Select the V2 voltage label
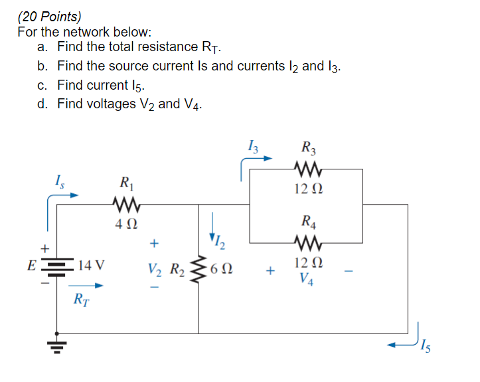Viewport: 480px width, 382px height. pyautogui.click(x=155, y=271)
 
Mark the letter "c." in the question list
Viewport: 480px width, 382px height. pyautogui.click(x=44, y=85)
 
